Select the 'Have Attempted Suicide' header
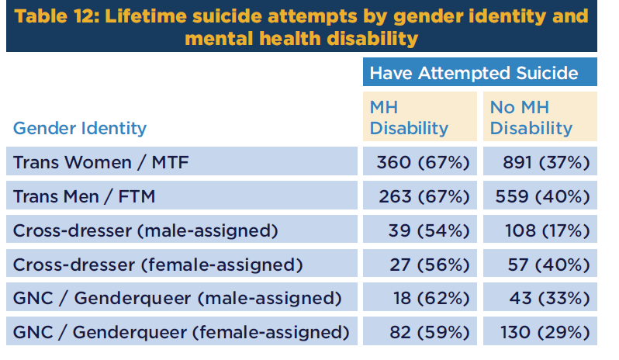[473, 73]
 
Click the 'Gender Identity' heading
[80, 128]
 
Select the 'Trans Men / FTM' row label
[85, 197]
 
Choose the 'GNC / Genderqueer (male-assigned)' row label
[178, 299]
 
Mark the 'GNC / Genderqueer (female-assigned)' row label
[182, 333]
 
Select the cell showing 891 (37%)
[541, 163]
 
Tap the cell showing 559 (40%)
[541, 197]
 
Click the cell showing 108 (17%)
[541, 231]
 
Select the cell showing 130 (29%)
[541, 333]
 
